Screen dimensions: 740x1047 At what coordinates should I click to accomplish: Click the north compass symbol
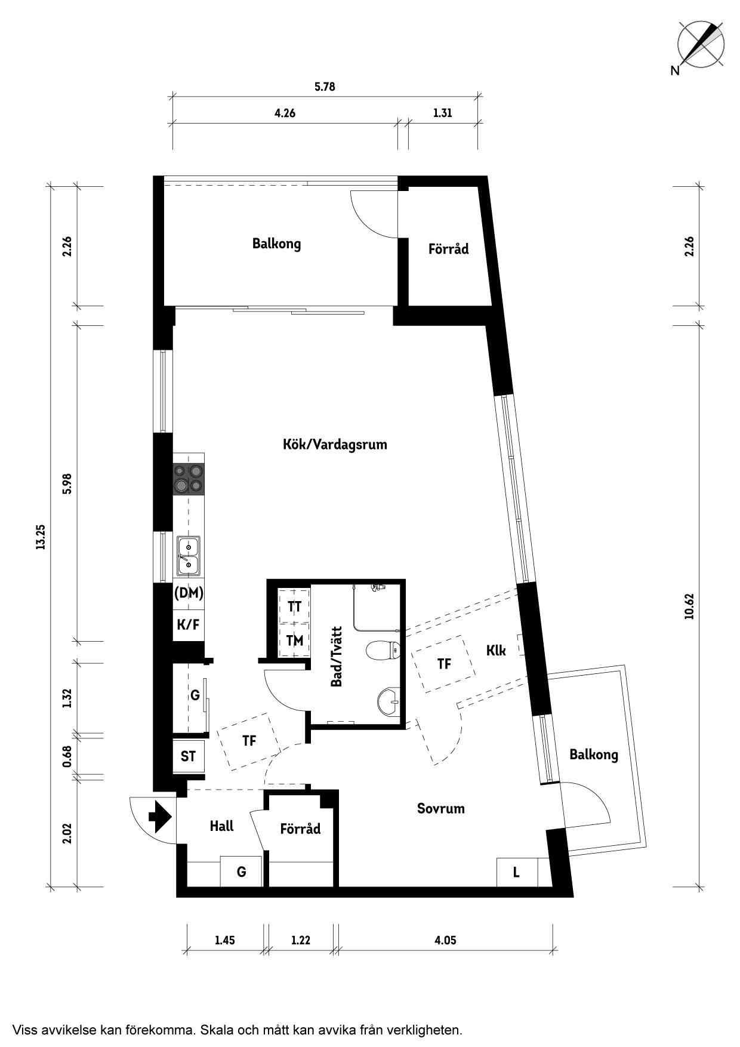701,44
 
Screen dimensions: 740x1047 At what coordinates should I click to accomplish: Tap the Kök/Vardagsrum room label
335,445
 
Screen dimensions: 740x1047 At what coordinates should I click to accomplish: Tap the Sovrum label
440,809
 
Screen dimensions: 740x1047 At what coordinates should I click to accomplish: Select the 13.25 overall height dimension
41,537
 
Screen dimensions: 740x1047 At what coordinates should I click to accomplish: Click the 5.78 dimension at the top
325,87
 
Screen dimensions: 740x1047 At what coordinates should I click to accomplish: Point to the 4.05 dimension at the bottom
445,940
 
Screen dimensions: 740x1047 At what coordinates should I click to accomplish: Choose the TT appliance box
294,606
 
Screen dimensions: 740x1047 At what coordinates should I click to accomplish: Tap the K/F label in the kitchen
188,625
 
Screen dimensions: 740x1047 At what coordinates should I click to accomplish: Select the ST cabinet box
189,757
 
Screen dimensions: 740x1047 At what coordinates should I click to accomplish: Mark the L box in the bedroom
517,872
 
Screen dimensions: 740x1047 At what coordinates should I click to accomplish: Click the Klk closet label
496,650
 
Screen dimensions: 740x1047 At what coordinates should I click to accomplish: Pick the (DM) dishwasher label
189,593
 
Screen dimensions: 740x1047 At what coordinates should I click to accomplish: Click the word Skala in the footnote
217,1030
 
